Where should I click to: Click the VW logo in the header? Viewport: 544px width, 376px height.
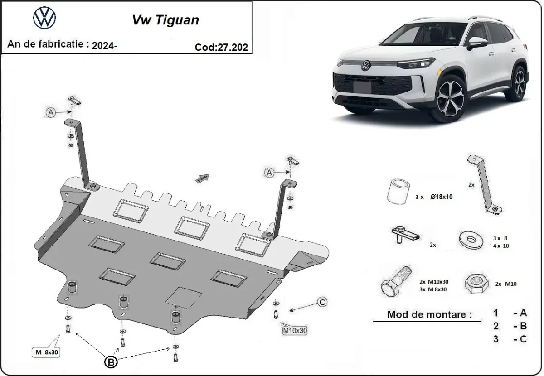[x=44, y=19]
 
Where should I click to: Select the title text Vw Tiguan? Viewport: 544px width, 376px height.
[x=165, y=20]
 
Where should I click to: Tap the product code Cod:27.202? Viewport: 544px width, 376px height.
[x=222, y=47]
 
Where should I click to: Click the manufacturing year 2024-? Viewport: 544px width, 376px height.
[x=105, y=45]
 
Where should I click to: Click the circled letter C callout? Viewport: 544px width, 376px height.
[x=322, y=302]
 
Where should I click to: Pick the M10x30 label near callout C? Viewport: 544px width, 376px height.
[x=295, y=331]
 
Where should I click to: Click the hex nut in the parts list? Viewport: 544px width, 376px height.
[x=476, y=284]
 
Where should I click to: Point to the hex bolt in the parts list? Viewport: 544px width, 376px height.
[x=395, y=281]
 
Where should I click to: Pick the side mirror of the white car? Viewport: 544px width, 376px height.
[x=477, y=42]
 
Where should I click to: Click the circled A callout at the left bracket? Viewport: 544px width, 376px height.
[x=51, y=112]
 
